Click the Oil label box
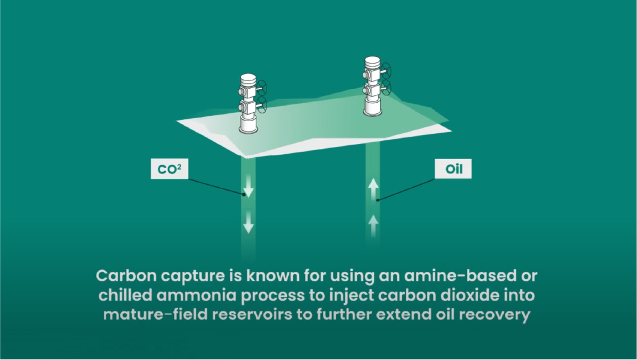[x=453, y=170]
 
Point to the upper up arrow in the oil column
[x=373, y=188]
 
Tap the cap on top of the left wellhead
[x=249, y=80]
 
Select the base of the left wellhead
[x=249, y=126]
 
